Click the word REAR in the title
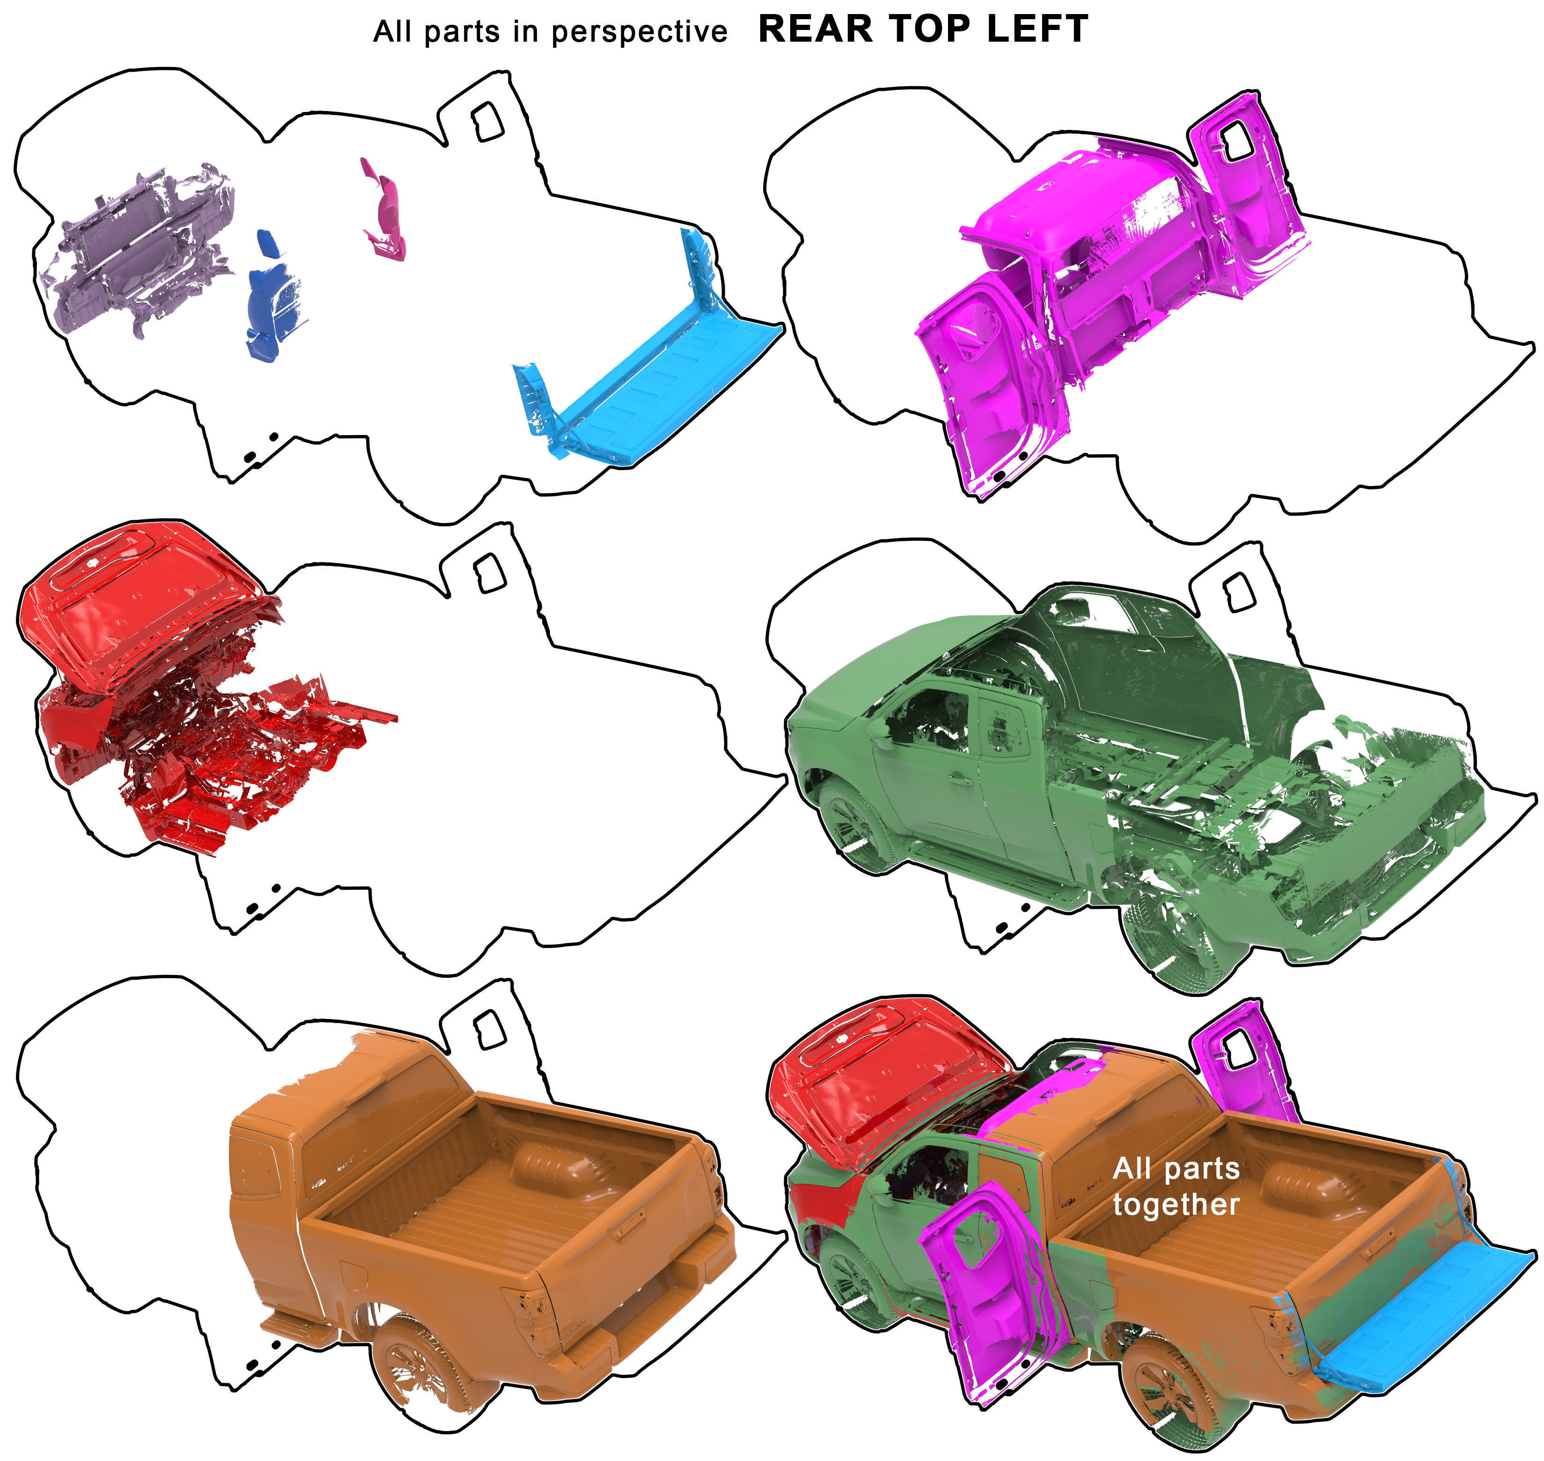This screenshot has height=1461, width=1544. (815, 30)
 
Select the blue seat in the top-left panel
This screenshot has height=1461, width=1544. (269, 300)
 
